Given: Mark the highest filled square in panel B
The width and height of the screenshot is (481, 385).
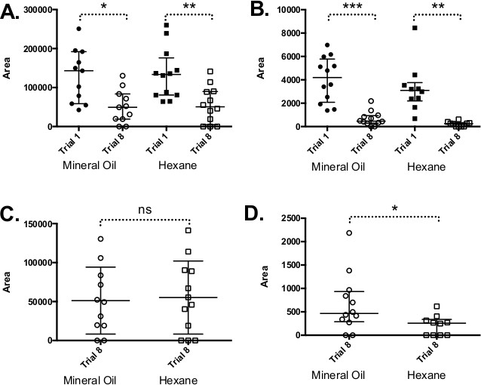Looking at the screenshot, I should [x=414, y=28].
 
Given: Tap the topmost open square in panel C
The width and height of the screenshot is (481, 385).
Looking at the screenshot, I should [x=188, y=230].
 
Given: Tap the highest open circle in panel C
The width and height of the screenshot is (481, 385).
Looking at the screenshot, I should [x=100, y=239].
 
